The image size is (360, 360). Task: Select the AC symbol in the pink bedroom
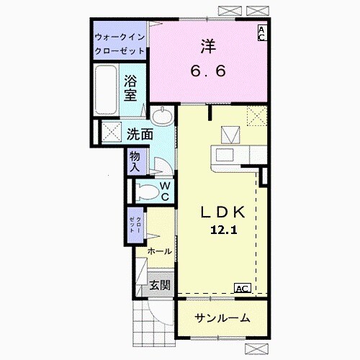pyautogui.click(x=262, y=33)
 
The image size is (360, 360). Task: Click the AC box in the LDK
pyautogui.click(x=243, y=288)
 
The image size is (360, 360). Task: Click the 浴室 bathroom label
pyautogui.click(x=130, y=87)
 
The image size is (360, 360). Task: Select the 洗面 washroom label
pyautogui.click(x=140, y=134)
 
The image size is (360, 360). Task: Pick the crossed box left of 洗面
pyautogui.click(x=112, y=132)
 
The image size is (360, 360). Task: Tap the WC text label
pyautogui.click(x=164, y=191)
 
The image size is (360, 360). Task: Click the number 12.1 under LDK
pyautogui.click(x=225, y=230)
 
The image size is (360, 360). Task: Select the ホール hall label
pyautogui.click(x=159, y=251)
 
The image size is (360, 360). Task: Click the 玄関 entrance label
pyautogui.click(x=160, y=285)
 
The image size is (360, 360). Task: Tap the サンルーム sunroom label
pyautogui.click(x=222, y=318)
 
